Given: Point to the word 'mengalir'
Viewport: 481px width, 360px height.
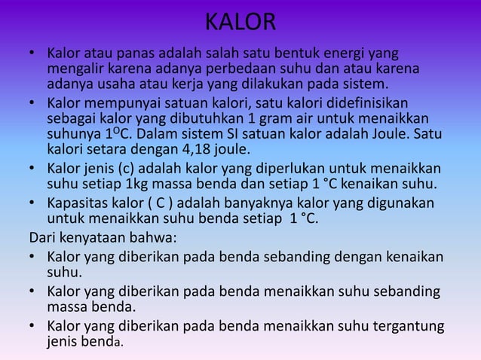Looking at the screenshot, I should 75,69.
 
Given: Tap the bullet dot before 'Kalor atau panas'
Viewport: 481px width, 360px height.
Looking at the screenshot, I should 34,54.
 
